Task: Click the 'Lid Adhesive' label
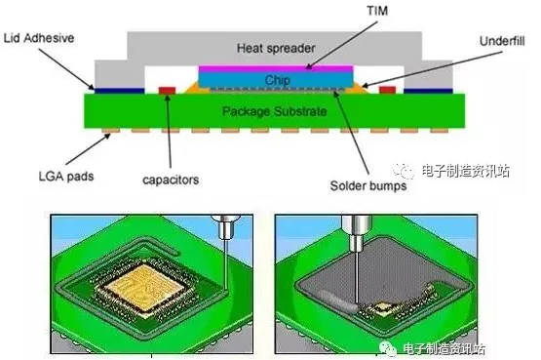click(x=39, y=38)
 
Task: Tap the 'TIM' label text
click(x=377, y=11)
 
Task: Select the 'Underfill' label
click(x=502, y=41)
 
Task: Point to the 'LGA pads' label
click(x=66, y=177)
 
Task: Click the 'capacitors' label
click(x=171, y=180)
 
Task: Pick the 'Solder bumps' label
click(x=368, y=185)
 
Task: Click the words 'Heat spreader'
click(x=276, y=48)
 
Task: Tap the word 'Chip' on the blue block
click(x=278, y=80)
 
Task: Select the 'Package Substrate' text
click(x=274, y=111)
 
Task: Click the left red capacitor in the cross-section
click(x=167, y=91)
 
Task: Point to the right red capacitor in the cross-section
click(x=387, y=90)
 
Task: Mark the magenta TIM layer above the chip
click(x=276, y=68)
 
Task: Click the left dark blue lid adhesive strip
click(x=119, y=91)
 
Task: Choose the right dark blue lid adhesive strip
click(x=428, y=91)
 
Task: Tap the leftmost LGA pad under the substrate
click(x=111, y=131)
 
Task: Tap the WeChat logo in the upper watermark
click(x=404, y=170)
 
